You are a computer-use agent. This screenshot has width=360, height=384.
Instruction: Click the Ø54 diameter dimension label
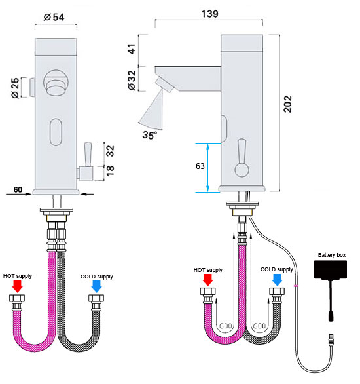coord(54,17)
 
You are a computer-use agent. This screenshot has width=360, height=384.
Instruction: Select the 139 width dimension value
coord(210,14)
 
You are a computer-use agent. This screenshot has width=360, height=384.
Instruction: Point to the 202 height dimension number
coord(288,104)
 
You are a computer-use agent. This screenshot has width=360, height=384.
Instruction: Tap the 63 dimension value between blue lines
coord(200,166)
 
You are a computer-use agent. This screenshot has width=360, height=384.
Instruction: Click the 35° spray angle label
coord(150,135)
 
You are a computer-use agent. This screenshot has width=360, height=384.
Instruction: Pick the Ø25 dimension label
coord(15,88)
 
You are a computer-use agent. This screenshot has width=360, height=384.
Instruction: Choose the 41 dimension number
coord(132,49)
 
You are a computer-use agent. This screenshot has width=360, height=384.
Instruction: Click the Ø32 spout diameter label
coord(132,81)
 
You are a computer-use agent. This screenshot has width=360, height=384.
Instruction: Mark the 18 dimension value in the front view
coord(110,170)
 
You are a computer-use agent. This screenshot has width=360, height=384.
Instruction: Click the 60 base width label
coord(18,189)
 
